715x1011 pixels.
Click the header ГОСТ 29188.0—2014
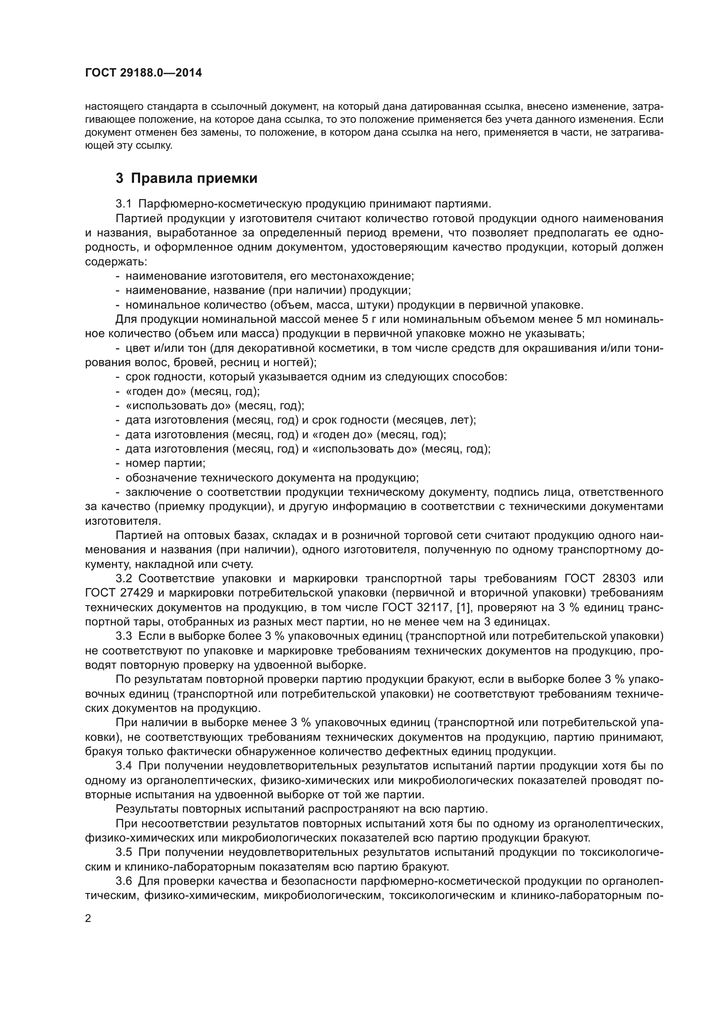(144, 73)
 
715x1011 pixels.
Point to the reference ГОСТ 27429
(119, 593)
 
